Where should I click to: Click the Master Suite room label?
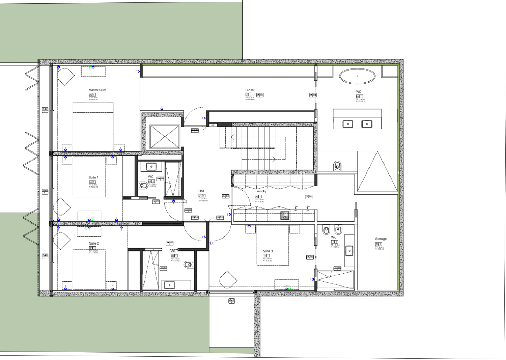point(97,90)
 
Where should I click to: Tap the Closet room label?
point(250,90)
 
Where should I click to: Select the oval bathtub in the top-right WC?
point(357,77)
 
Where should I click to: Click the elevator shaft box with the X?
point(165,137)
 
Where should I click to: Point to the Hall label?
point(201,191)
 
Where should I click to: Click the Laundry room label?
point(260,191)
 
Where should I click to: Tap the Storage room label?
point(381,239)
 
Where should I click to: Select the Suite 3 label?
point(268,251)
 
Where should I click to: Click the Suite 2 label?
point(94,243)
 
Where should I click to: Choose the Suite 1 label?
point(93,177)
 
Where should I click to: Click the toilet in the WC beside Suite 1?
point(143,185)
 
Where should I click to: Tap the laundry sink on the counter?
point(285,215)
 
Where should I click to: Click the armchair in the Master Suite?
point(65,77)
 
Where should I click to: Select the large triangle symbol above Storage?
point(377,173)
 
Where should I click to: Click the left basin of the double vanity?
point(348,124)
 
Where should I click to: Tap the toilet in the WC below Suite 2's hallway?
point(188,265)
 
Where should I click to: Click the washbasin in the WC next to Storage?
point(350,251)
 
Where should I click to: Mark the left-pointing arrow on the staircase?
point(233,137)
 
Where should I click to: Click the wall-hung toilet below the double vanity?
point(337,166)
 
